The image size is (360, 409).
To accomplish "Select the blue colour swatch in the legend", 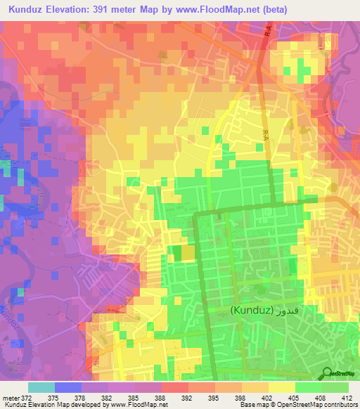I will pyautogui.click(x=68, y=387).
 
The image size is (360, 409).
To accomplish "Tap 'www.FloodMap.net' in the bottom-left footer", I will pyautogui.click(x=137, y=405).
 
